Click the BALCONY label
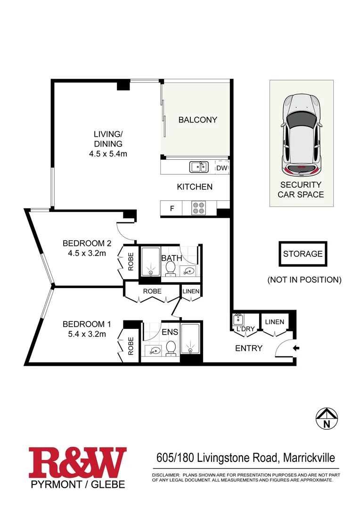point(197,120)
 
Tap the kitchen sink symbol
point(198,166)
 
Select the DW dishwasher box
point(221,167)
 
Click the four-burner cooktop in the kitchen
point(198,208)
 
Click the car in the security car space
point(301,135)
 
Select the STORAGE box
point(303,254)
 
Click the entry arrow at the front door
point(295,349)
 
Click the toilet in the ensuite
point(171,348)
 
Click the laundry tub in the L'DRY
point(237,320)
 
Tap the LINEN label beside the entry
point(274,322)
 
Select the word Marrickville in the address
point(309,457)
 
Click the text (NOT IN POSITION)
point(304,279)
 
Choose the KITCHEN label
point(194,187)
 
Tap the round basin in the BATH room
point(188,271)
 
